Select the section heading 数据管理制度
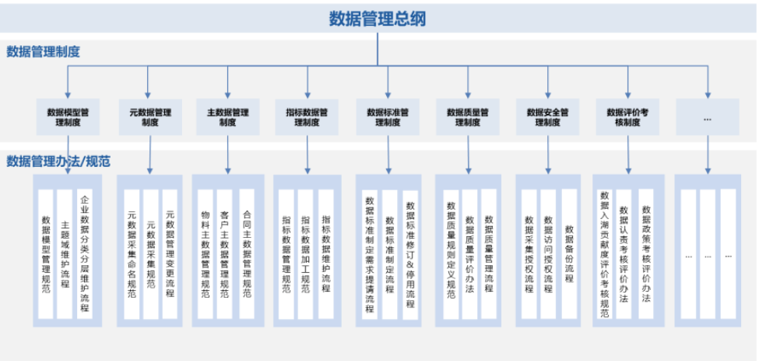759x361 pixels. tap(43, 52)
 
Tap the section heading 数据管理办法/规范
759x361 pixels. tap(58, 161)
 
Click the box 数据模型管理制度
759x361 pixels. tap(69, 117)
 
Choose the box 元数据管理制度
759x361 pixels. tap(150, 117)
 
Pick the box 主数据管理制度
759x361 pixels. tap(227, 117)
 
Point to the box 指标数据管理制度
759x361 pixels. tap(307, 117)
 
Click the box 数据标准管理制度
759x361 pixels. tap(388, 117)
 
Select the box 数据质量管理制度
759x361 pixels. tap(468, 117)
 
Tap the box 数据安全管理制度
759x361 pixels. tap(548, 117)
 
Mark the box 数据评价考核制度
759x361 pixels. tap(627, 117)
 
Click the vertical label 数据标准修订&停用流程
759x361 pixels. tap(409, 255)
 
